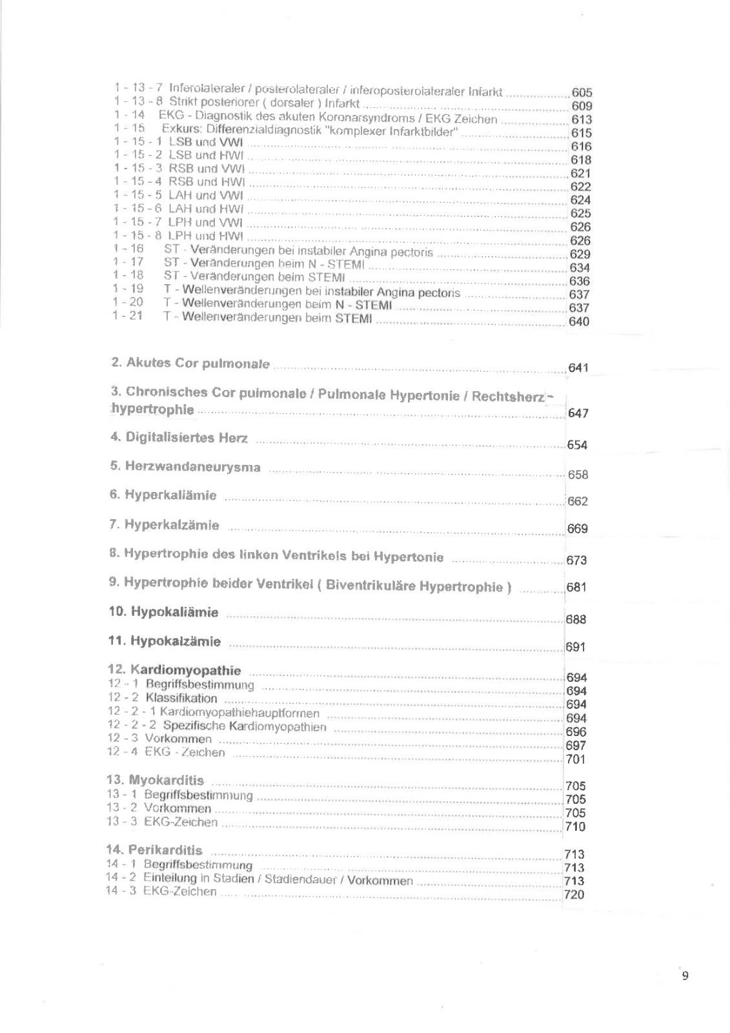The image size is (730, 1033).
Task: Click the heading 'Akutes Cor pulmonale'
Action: [x=198, y=363]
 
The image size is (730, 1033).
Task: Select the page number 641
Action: [x=578, y=368]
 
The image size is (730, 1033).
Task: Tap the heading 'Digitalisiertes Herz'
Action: [x=187, y=438]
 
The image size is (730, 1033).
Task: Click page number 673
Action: [x=576, y=560]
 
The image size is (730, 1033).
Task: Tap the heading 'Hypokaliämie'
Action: [x=174, y=611]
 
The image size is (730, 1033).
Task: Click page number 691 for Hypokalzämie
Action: [x=575, y=647]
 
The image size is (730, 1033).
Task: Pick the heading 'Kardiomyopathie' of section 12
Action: [x=185, y=670]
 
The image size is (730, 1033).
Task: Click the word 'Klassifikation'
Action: [x=181, y=698]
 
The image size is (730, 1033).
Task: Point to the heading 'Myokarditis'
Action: [x=166, y=780]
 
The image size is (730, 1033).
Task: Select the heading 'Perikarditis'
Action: [x=165, y=850]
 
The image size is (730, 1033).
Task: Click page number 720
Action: [x=574, y=894]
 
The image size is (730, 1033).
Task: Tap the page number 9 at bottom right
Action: [x=685, y=976]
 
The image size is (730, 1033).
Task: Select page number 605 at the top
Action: [x=582, y=93]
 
